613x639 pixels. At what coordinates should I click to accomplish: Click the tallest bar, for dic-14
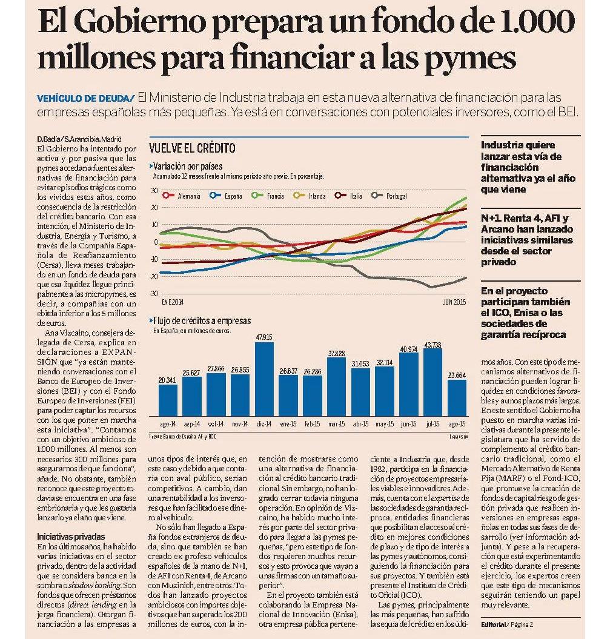pos(264,379)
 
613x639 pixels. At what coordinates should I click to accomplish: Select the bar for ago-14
pos(168,400)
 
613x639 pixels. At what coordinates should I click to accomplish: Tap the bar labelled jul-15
pos(432,382)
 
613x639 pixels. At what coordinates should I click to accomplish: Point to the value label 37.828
pos(336,353)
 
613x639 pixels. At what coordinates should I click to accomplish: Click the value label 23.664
pos(457,376)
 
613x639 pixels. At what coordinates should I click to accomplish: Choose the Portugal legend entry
pos(389,196)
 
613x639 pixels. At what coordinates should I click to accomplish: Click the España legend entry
pos(226,196)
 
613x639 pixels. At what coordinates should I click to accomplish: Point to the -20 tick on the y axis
pos(154,276)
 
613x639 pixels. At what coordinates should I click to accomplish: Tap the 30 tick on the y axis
pos(154,190)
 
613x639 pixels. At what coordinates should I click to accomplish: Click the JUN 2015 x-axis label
pos(454,302)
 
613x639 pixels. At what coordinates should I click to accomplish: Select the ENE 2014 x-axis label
pos(173,302)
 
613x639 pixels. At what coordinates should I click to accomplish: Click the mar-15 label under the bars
pos(336,424)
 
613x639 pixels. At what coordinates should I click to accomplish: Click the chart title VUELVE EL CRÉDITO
pos(192,148)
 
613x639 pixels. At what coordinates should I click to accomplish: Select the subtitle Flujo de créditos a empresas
pos(200,321)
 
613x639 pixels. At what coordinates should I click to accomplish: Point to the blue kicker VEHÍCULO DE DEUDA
pos(85,99)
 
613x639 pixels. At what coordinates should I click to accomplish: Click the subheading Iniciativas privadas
pos(71,537)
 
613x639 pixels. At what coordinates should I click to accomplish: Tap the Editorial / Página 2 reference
pos(506,624)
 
